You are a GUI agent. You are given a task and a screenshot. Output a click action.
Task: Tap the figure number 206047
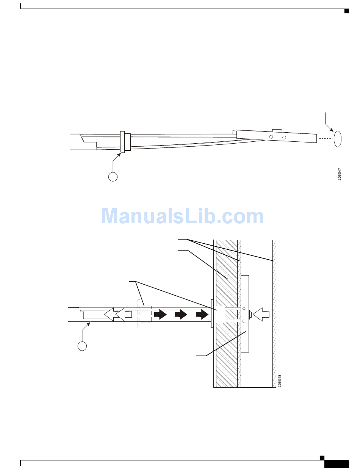[x=340, y=174]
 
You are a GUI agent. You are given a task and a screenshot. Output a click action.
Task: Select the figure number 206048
[x=280, y=381]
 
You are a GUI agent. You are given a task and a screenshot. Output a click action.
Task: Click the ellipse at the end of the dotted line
[x=338, y=139]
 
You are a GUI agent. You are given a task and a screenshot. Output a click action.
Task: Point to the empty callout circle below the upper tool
[x=113, y=176]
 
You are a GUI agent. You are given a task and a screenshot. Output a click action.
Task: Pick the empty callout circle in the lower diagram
[x=82, y=346]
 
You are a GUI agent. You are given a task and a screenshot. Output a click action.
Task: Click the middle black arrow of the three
[x=181, y=314]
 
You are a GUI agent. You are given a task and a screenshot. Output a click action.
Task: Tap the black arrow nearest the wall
[x=202, y=314]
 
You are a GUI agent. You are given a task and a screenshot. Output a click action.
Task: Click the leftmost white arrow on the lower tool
[x=110, y=314]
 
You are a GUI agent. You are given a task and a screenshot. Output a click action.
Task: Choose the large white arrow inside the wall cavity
[x=261, y=314]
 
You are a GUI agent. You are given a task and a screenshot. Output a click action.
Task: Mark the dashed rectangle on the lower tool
[x=145, y=314]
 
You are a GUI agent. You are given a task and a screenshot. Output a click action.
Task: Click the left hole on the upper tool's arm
[x=271, y=136]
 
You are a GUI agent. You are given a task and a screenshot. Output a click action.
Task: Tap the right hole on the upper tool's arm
[x=284, y=137]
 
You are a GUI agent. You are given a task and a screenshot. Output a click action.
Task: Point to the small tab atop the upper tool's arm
[x=277, y=131]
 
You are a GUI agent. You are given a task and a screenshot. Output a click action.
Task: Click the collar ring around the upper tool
[x=123, y=142]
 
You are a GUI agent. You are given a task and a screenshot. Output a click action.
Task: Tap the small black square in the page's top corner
[x=346, y=10]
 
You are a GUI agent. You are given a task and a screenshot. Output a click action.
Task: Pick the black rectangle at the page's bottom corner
[x=337, y=464]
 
